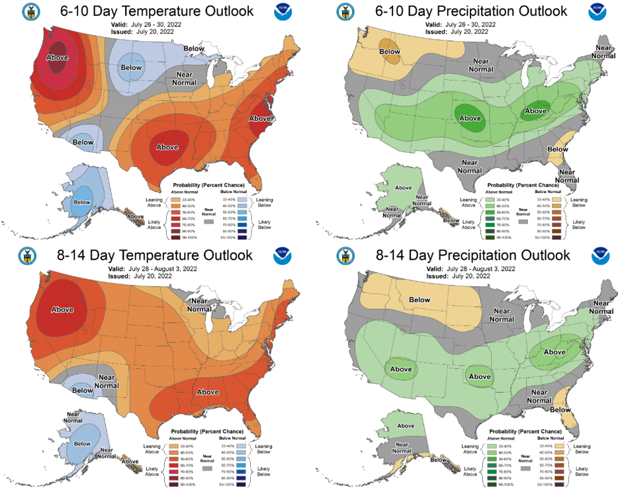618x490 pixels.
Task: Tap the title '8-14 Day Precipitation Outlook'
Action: pos(463,255)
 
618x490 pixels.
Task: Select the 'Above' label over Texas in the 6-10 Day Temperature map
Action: pos(167,146)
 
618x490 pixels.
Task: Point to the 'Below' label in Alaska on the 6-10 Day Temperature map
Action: pos(82,202)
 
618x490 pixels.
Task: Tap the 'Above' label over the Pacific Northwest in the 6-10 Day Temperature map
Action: pos(58,58)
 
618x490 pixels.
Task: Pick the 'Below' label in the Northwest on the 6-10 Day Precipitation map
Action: pos(390,52)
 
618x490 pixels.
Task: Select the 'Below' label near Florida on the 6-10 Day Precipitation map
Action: pos(557,149)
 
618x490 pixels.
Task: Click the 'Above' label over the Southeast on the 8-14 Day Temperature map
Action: pos(208,392)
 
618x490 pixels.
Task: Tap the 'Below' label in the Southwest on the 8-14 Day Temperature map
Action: pos(83,391)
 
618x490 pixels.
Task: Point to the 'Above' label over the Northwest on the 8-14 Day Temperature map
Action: pos(62,309)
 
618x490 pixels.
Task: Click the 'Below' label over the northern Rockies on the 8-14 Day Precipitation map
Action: pos(419,300)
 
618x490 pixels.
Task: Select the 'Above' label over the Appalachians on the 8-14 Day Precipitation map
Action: pos(554,352)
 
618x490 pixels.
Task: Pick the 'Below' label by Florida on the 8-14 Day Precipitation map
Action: pos(560,410)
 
